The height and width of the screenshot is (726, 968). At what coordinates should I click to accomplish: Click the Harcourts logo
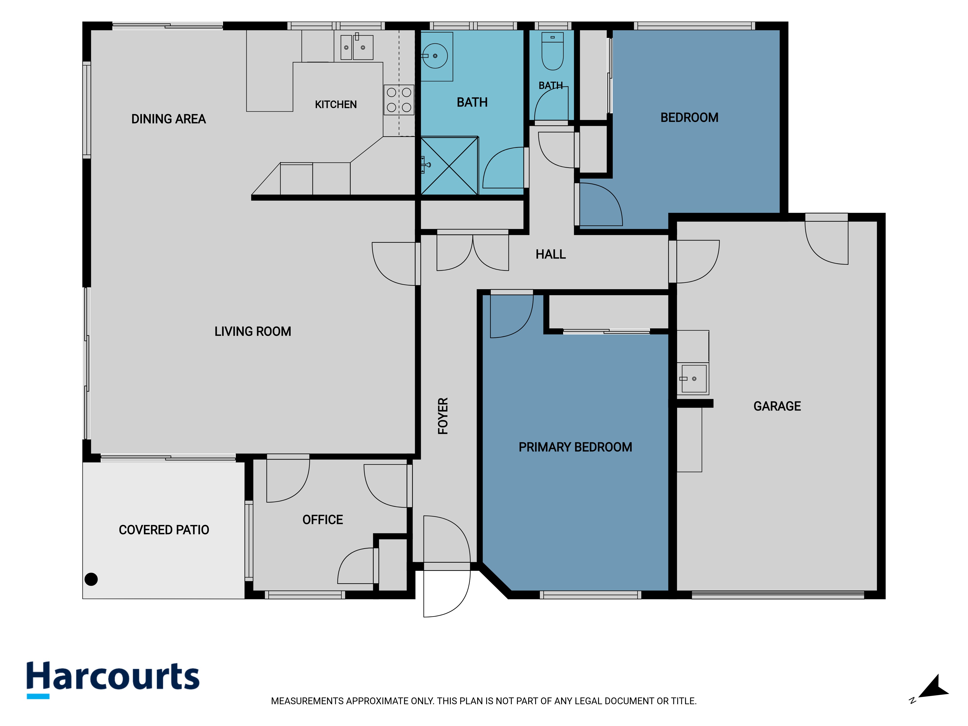[x=113, y=679]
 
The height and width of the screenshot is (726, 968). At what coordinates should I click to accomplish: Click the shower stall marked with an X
[x=449, y=166]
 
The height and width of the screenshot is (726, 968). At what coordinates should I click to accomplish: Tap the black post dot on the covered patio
[x=91, y=579]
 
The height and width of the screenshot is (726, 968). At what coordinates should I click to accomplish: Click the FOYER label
[x=443, y=416]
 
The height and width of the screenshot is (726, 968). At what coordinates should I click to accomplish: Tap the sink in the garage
[x=693, y=378]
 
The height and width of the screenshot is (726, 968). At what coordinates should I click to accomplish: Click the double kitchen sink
[x=357, y=47]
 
